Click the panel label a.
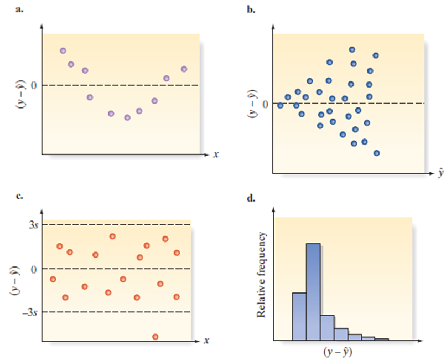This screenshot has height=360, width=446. (x=20, y=10)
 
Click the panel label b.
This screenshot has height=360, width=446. (x=252, y=10)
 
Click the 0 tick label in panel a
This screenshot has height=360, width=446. (x=34, y=85)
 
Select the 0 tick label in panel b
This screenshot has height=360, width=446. (x=266, y=104)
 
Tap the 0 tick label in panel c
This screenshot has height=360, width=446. (x=33, y=269)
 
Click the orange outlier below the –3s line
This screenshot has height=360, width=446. (x=155, y=337)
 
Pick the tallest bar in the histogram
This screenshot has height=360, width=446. (x=313, y=291)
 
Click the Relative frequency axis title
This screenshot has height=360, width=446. (x=262, y=275)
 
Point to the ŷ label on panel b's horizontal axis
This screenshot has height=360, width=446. (x=441, y=173)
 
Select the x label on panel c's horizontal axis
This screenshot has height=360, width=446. (x=205, y=341)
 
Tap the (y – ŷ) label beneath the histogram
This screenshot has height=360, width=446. (x=340, y=351)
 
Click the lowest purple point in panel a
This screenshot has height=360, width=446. (x=127, y=117)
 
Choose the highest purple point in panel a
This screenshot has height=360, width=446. (x=63, y=50)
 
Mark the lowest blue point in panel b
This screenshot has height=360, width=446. (x=377, y=153)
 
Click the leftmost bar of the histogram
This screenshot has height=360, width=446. (x=299, y=316)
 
